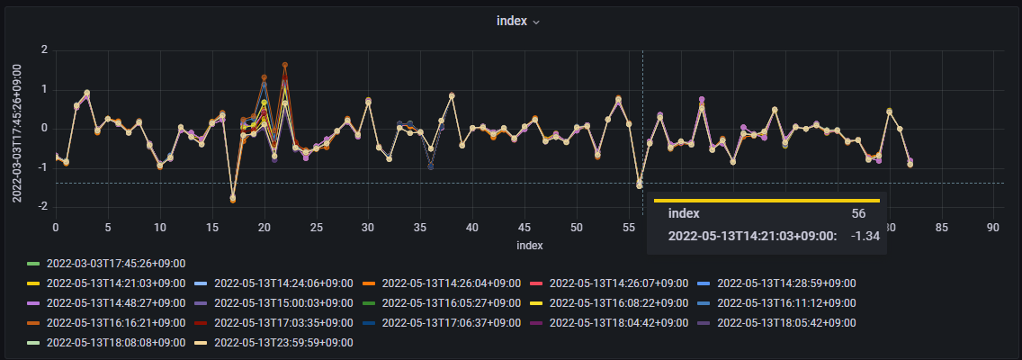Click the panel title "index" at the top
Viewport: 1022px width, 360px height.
coord(511,21)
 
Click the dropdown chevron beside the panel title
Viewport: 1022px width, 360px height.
coord(536,22)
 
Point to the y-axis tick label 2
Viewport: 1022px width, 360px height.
coord(44,49)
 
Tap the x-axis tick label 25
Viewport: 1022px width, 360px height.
coord(317,228)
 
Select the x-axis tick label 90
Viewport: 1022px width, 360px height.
coord(993,228)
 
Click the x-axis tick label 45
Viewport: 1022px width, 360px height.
coord(524,228)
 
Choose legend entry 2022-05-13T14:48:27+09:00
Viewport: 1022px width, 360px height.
coord(115,303)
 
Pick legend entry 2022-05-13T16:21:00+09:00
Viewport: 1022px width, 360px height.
coord(115,323)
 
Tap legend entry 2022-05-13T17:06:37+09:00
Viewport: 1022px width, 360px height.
coord(452,323)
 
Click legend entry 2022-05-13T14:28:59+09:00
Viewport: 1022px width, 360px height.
coord(786,283)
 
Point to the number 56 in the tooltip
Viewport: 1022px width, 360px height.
coord(858,213)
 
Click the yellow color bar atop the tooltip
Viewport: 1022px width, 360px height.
coord(766,200)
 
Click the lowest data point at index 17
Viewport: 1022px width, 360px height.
coord(232,199)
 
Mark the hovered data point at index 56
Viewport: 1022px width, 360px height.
coord(640,184)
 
